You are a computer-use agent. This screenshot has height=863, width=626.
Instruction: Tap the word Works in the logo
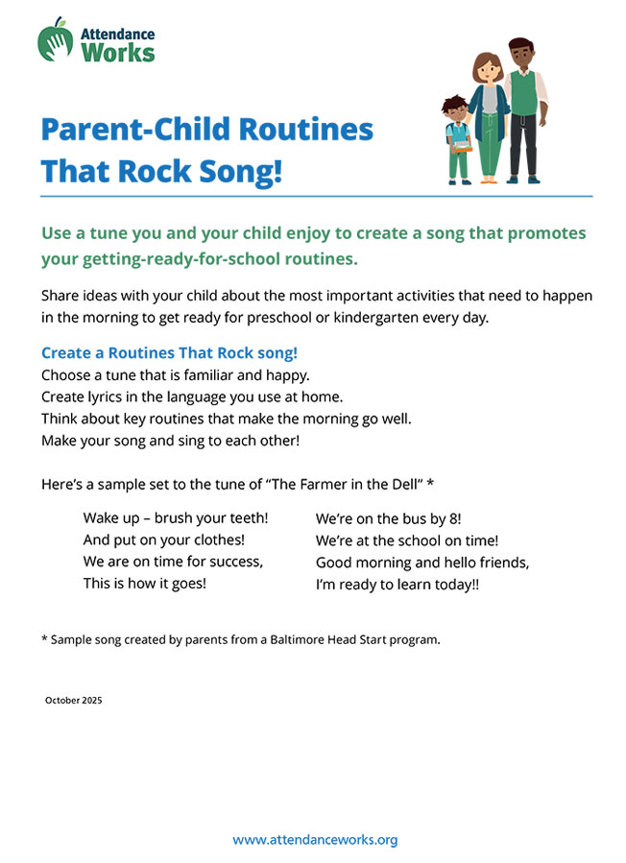tap(118, 52)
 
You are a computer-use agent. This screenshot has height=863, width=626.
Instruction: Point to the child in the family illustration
tap(457, 139)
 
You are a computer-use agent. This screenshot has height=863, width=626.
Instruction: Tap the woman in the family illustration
tap(488, 115)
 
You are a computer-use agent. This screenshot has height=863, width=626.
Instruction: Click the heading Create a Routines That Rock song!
tap(169, 352)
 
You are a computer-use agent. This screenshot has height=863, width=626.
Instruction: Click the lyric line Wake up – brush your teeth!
tap(176, 517)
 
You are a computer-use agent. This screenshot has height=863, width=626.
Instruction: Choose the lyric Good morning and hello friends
tap(422, 562)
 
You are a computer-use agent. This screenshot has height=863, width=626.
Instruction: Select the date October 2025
tap(73, 701)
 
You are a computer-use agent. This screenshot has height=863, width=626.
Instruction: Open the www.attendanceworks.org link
tap(315, 840)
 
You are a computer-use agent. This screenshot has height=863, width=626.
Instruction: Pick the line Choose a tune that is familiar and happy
tap(176, 373)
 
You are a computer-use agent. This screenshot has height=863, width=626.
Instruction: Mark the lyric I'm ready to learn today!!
tap(397, 583)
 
